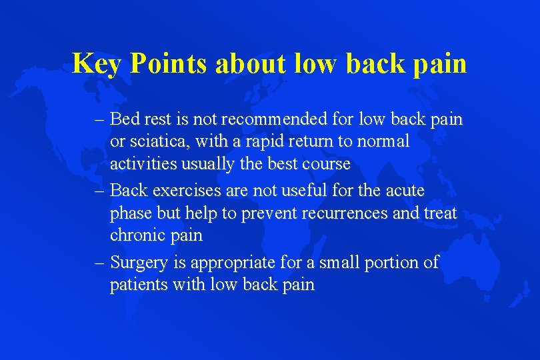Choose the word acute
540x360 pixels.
403,191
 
